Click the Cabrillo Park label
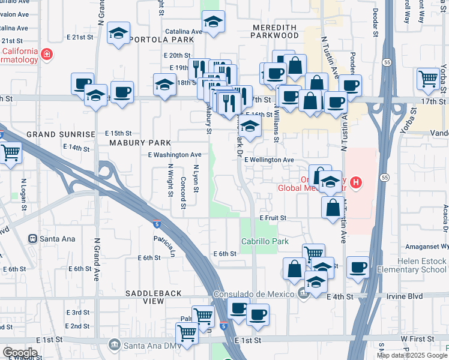point(265,241)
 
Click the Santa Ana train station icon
point(33,238)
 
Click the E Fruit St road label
point(273,218)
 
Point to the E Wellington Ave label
point(268,160)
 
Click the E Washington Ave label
point(175,154)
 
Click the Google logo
point(20,352)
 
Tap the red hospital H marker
point(357,182)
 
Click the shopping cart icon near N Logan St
point(10,151)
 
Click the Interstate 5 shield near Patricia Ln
point(156,224)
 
